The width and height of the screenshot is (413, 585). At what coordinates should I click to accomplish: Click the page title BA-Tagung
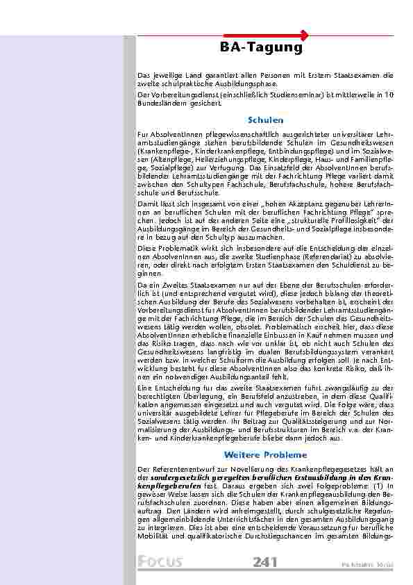(261, 48)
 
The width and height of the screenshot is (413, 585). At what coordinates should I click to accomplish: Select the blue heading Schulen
(260, 120)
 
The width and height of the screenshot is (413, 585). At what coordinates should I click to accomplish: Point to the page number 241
(266, 561)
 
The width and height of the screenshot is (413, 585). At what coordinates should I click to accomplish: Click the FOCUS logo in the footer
(160, 561)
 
